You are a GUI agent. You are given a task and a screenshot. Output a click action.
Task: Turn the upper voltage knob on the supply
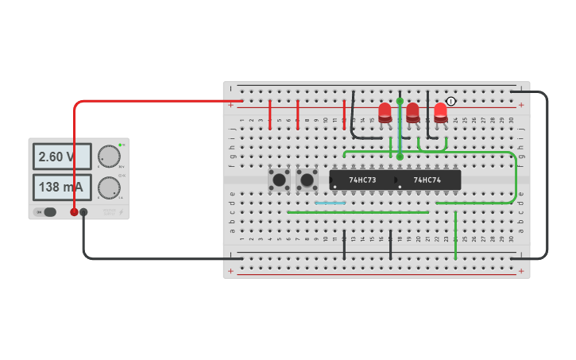coord(109,157)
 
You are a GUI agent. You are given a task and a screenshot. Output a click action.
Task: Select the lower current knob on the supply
coord(109,188)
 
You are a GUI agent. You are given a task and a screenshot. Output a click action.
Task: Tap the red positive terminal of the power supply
coord(74,212)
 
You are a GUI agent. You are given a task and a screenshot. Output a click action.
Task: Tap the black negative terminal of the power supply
coord(83,212)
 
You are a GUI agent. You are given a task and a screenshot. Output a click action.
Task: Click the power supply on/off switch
coord(48,212)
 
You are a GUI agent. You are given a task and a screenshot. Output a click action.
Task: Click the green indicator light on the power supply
coord(120,145)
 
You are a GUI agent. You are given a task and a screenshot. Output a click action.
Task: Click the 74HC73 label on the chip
coord(362,180)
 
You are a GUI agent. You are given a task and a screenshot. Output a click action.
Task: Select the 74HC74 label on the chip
coord(427,180)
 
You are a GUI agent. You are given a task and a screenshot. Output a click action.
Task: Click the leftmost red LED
coord(385,112)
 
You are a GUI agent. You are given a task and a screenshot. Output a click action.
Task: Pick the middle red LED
coord(413,112)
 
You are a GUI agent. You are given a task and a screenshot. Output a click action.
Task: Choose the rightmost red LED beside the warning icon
coord(440,112)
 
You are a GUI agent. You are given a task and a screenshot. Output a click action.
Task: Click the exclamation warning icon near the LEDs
coord(451,101)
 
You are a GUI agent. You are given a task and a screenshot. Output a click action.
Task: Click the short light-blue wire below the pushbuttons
coord(331,203)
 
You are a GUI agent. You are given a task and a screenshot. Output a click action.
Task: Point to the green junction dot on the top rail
coord(400,102)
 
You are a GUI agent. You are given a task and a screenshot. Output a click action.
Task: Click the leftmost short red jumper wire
coord(270,114)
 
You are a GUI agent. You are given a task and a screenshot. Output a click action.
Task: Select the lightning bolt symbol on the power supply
coord(121,212)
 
